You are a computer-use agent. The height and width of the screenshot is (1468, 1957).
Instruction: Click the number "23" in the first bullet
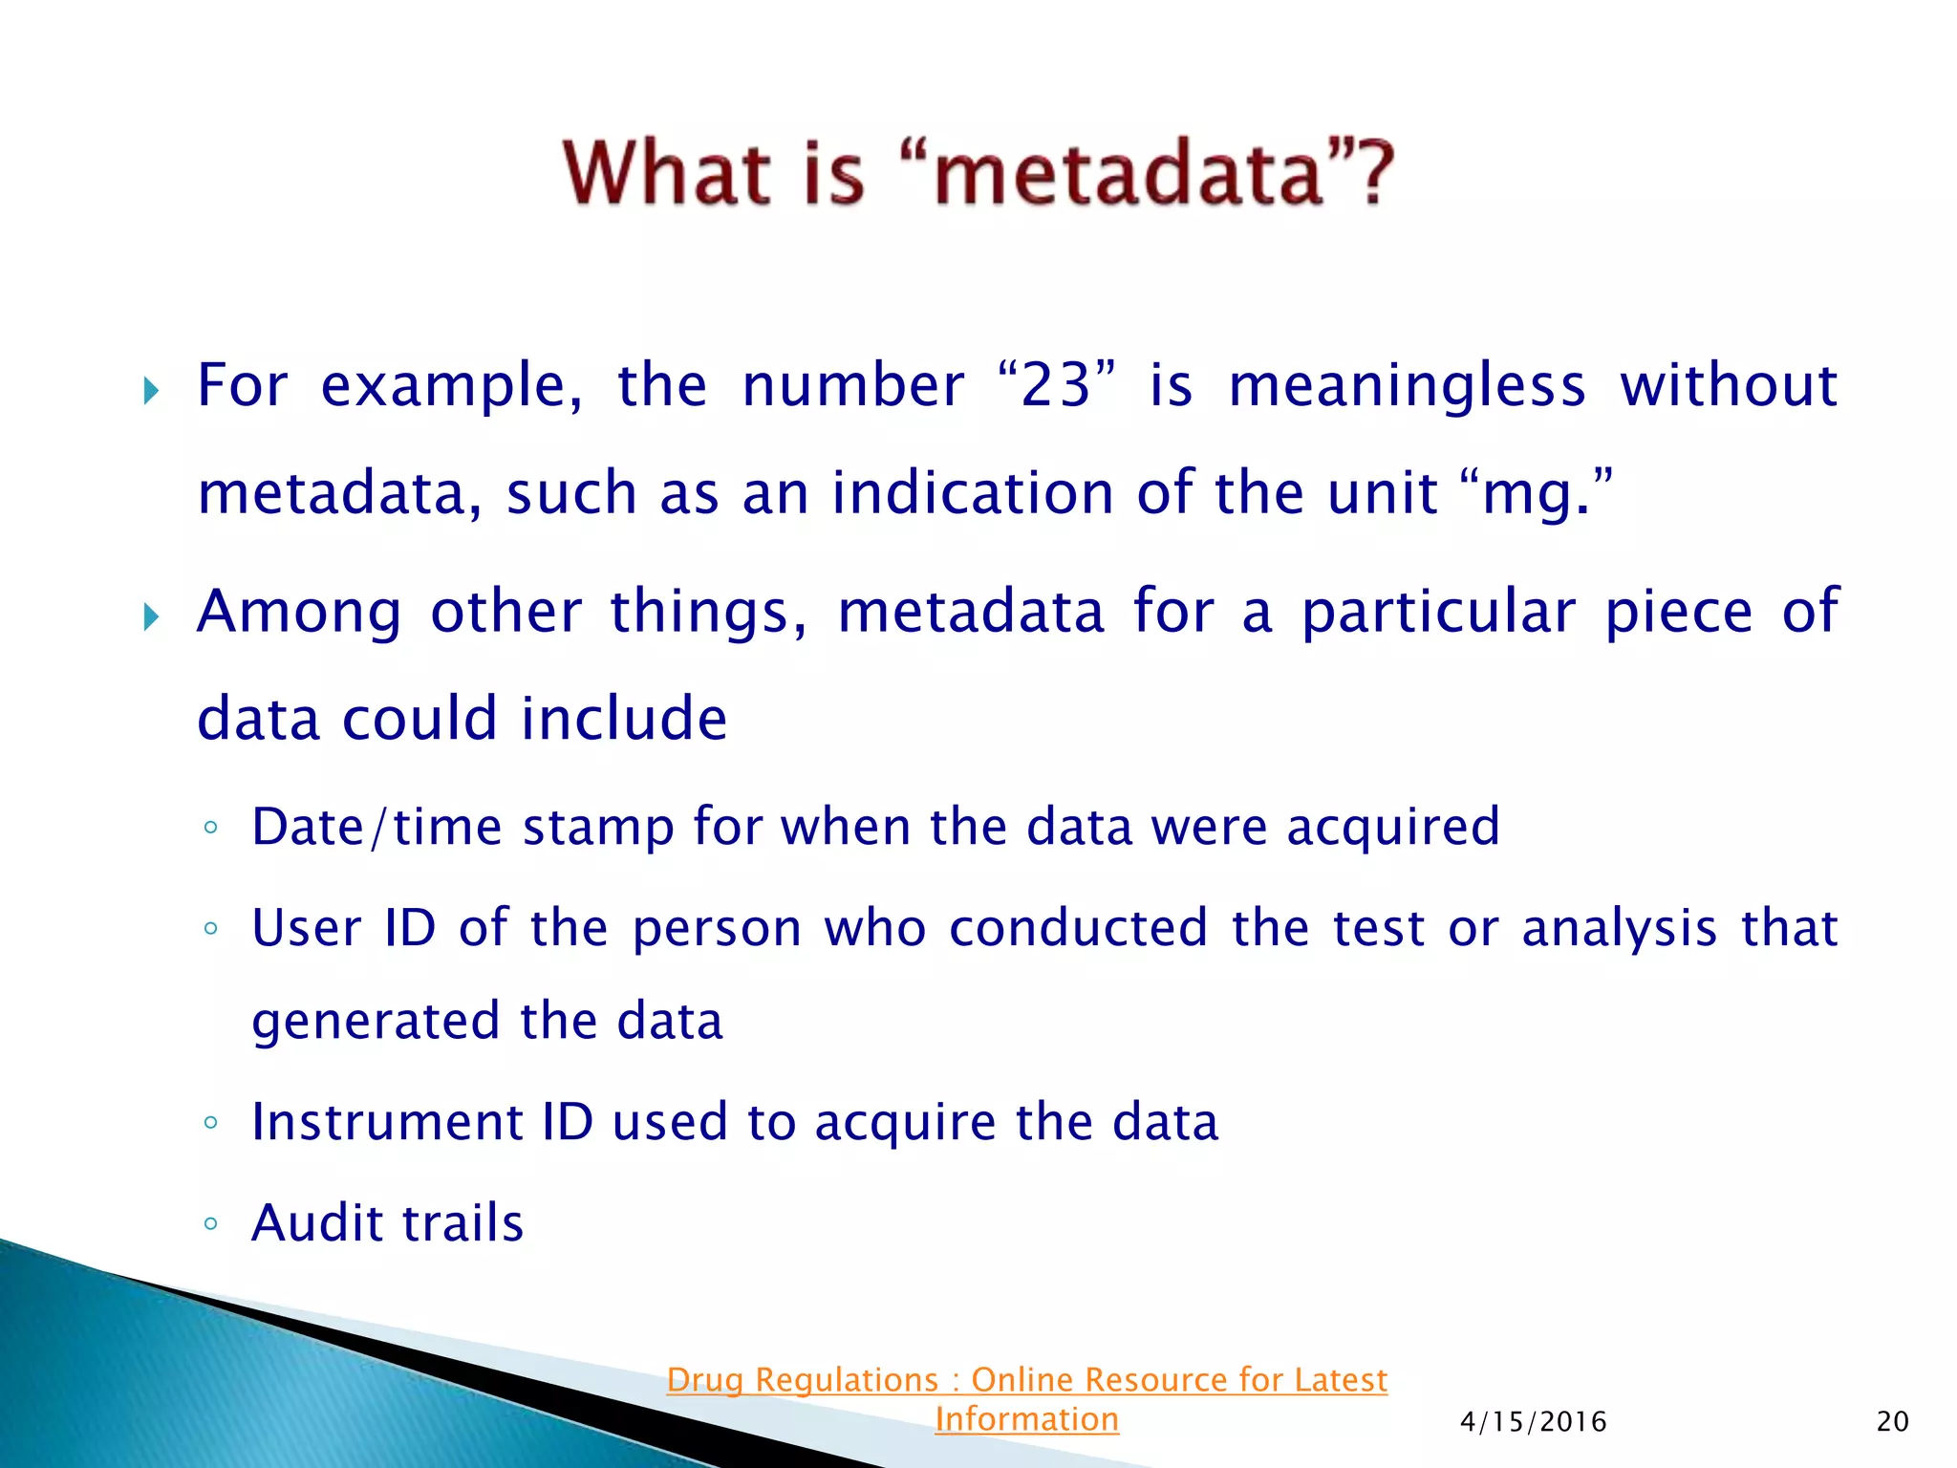[x=1055, y=386]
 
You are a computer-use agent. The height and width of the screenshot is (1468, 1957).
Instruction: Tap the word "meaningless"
[x=1407, y=386]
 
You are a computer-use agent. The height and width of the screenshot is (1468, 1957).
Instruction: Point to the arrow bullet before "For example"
[x=151, y=390]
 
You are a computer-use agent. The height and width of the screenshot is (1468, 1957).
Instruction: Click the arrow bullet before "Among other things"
[x=151, y=616]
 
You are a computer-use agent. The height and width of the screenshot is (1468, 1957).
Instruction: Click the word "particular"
[x=1438, y=613]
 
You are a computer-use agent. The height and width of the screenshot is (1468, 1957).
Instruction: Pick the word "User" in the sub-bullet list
[x=307, y=928]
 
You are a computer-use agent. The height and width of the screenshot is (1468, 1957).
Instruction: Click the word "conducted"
[x=1078, y=928]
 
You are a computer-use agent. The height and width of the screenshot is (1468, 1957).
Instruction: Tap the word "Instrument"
[x=387, y=1122]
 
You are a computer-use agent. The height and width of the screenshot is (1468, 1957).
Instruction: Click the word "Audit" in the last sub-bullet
[x=316, y=1222]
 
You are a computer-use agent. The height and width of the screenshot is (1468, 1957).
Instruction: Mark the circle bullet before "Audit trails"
[x=211, y=1223]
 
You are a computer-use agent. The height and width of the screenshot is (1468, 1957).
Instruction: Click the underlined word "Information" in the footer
[x=1026, y=1419]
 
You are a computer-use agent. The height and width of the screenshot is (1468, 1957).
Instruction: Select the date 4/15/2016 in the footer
[x=1533, y=1422]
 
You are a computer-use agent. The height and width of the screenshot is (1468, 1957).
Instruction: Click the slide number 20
[x=1892, y=1422]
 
